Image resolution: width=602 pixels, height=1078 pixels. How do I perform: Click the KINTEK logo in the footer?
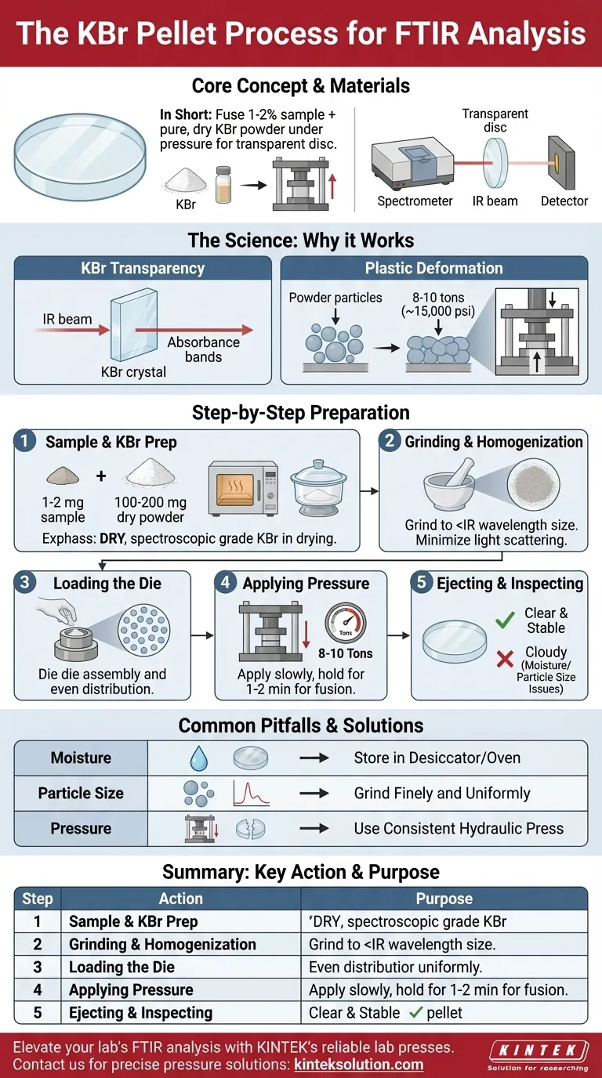point(537,1051)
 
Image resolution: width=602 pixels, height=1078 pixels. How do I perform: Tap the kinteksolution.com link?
point(358,1065)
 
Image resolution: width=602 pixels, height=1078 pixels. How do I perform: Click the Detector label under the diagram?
point(564,201)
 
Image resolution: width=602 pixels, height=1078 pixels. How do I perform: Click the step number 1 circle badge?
point(25,442)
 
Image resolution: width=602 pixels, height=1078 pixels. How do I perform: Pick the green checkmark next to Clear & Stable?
point(506,621)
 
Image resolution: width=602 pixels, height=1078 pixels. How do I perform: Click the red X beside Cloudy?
point(505,660)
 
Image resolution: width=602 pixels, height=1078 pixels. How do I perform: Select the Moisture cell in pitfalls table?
point(81,758)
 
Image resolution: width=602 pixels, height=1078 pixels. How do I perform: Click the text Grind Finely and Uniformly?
point(442,794)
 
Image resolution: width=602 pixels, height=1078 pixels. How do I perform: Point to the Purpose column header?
point(444,899)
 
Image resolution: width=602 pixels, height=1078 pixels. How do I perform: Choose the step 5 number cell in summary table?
point(37,1012)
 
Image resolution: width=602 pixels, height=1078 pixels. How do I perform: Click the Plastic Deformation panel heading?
point(433,268)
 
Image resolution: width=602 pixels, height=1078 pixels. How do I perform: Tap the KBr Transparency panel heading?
point(143,268)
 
